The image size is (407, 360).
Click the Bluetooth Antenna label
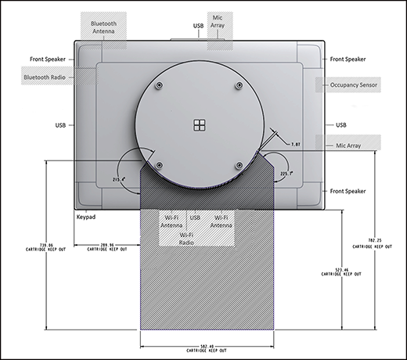(x=104, y=29)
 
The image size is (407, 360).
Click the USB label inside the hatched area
(x=195, y=217)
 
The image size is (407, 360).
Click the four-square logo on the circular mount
(x=199, y=125)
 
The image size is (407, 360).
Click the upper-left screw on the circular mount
(x=160, y=85)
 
